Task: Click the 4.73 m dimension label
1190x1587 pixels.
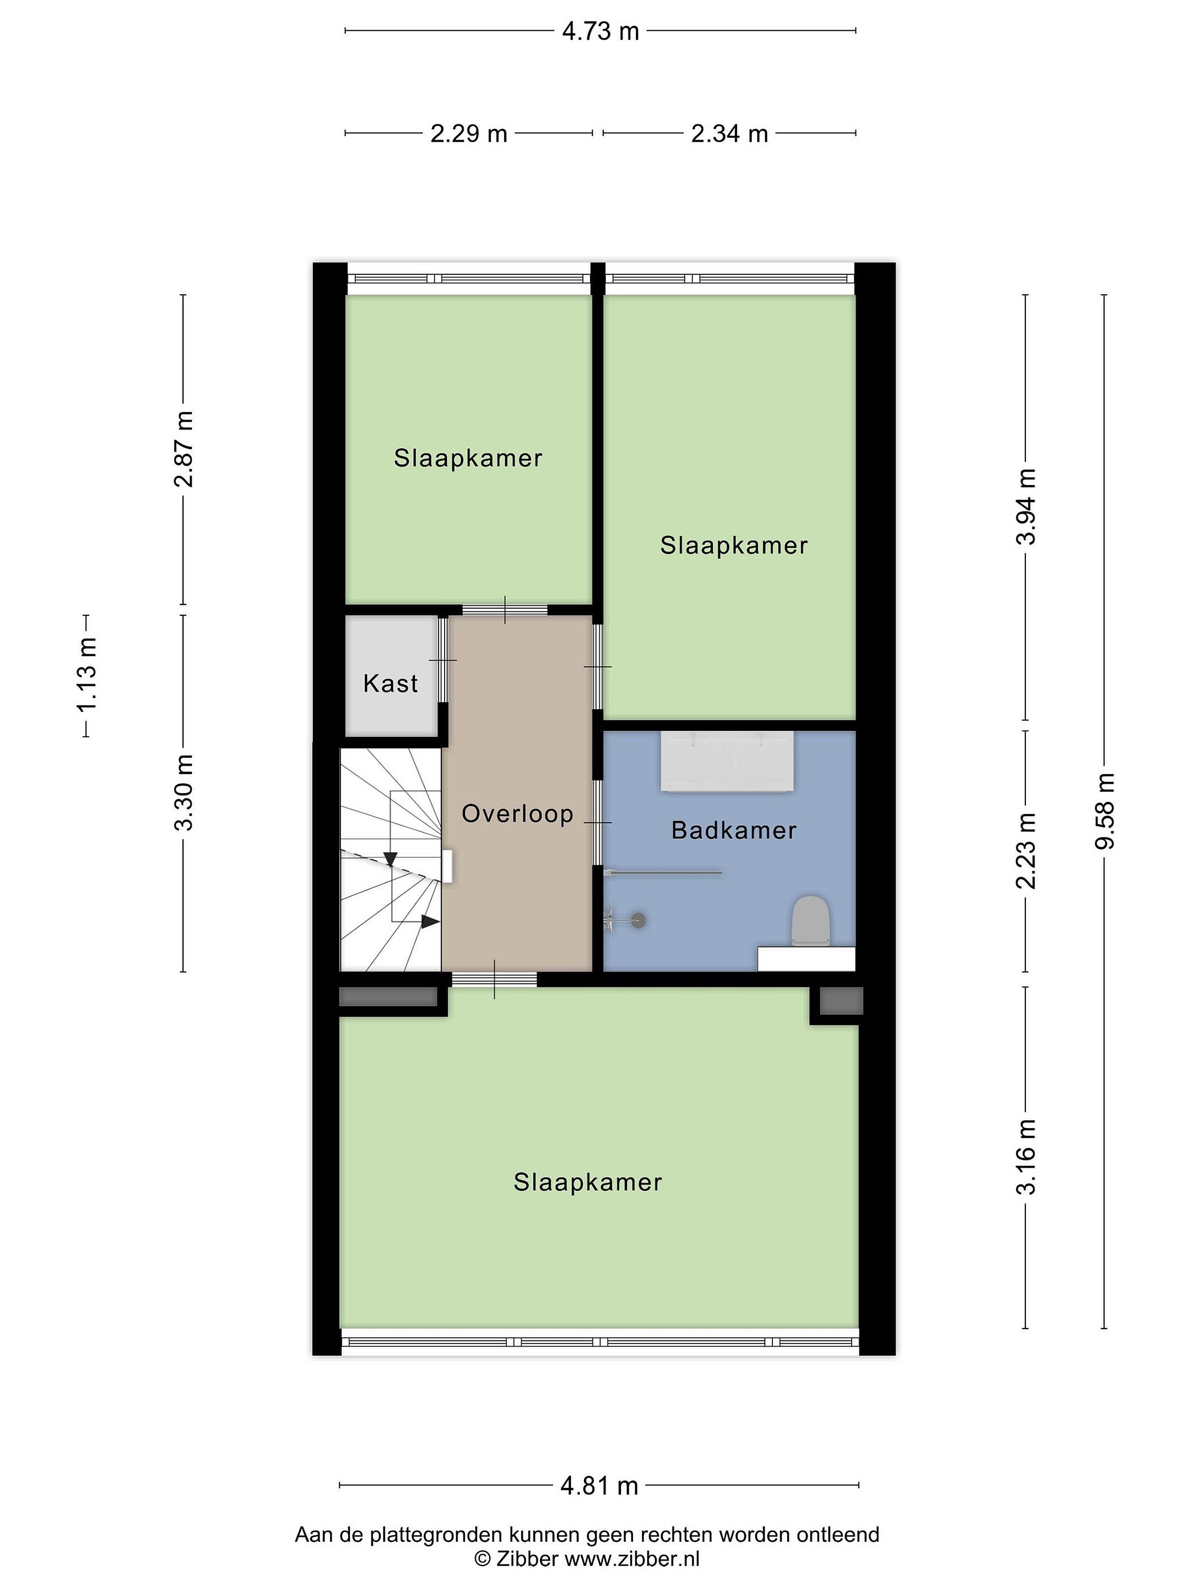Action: click(x=601, y=31)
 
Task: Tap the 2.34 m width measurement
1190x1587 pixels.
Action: click(x=729, y=133)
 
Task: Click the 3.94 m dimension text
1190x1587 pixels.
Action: click(x=1026, y=506)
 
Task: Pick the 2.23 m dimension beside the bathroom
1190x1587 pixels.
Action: click(x=1026, y=851)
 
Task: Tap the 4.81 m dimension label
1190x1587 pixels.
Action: click(x=599, y=1485)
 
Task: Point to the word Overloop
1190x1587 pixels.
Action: click(x=517, y=813)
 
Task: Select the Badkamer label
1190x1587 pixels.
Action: click(x=734, y=831)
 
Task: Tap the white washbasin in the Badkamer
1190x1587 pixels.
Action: click(x=727, y=761)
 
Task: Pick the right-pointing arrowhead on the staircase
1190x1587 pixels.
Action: click(x=430, y=922)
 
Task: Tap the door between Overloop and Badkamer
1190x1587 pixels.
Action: click(x=598, y=822)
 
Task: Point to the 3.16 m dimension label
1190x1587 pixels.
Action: click(x=1026, y=1157)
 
